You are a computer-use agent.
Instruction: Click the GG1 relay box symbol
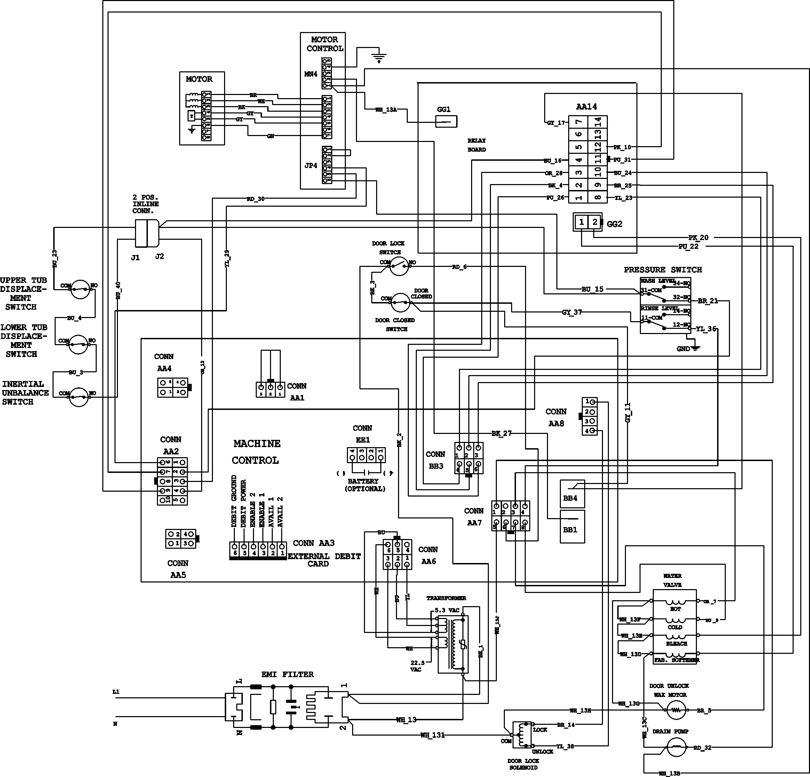[446, 121]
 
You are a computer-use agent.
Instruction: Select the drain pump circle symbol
[676, 747]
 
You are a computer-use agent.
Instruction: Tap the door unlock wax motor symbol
[676, 711]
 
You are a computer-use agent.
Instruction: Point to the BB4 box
[572, 493]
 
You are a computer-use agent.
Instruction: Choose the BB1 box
[572, 526]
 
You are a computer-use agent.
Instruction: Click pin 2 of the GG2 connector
[594, 222]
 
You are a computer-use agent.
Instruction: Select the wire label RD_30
[255, 199]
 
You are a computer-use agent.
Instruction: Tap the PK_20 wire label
[698, 238]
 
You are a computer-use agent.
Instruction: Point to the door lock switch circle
[399, 266]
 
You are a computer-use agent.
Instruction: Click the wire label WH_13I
[432, 735]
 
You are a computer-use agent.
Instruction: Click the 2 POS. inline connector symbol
[147, 233]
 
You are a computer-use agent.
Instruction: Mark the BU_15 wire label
[592, 289]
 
